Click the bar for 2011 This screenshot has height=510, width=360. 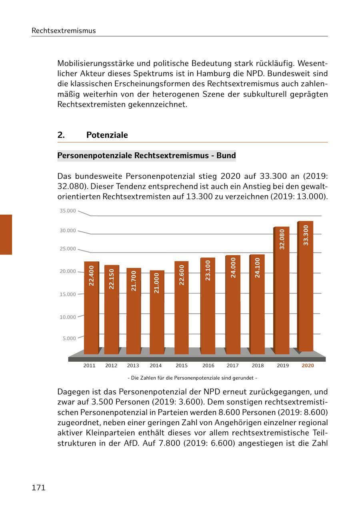[91, 308]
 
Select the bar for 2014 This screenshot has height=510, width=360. [157, 312]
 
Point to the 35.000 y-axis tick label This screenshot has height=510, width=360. [68, 211]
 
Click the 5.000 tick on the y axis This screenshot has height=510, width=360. [69, 339]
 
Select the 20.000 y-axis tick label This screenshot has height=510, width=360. [68, 271]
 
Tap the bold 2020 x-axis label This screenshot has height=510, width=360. [308, 366]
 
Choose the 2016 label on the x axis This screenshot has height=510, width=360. [208, 366]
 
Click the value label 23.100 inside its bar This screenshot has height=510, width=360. [208, 270]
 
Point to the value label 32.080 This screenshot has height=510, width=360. [282, 239]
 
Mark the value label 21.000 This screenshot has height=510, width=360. [156, 283]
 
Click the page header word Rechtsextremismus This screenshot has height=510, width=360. [64, 31]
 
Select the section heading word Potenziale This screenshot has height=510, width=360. [107, 135]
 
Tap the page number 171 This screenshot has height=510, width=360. [38, 488]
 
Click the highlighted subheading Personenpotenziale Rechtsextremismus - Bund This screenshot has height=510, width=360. [146, 155]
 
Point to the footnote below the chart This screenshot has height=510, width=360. [192, 378]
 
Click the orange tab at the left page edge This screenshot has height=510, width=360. [6, 235]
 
